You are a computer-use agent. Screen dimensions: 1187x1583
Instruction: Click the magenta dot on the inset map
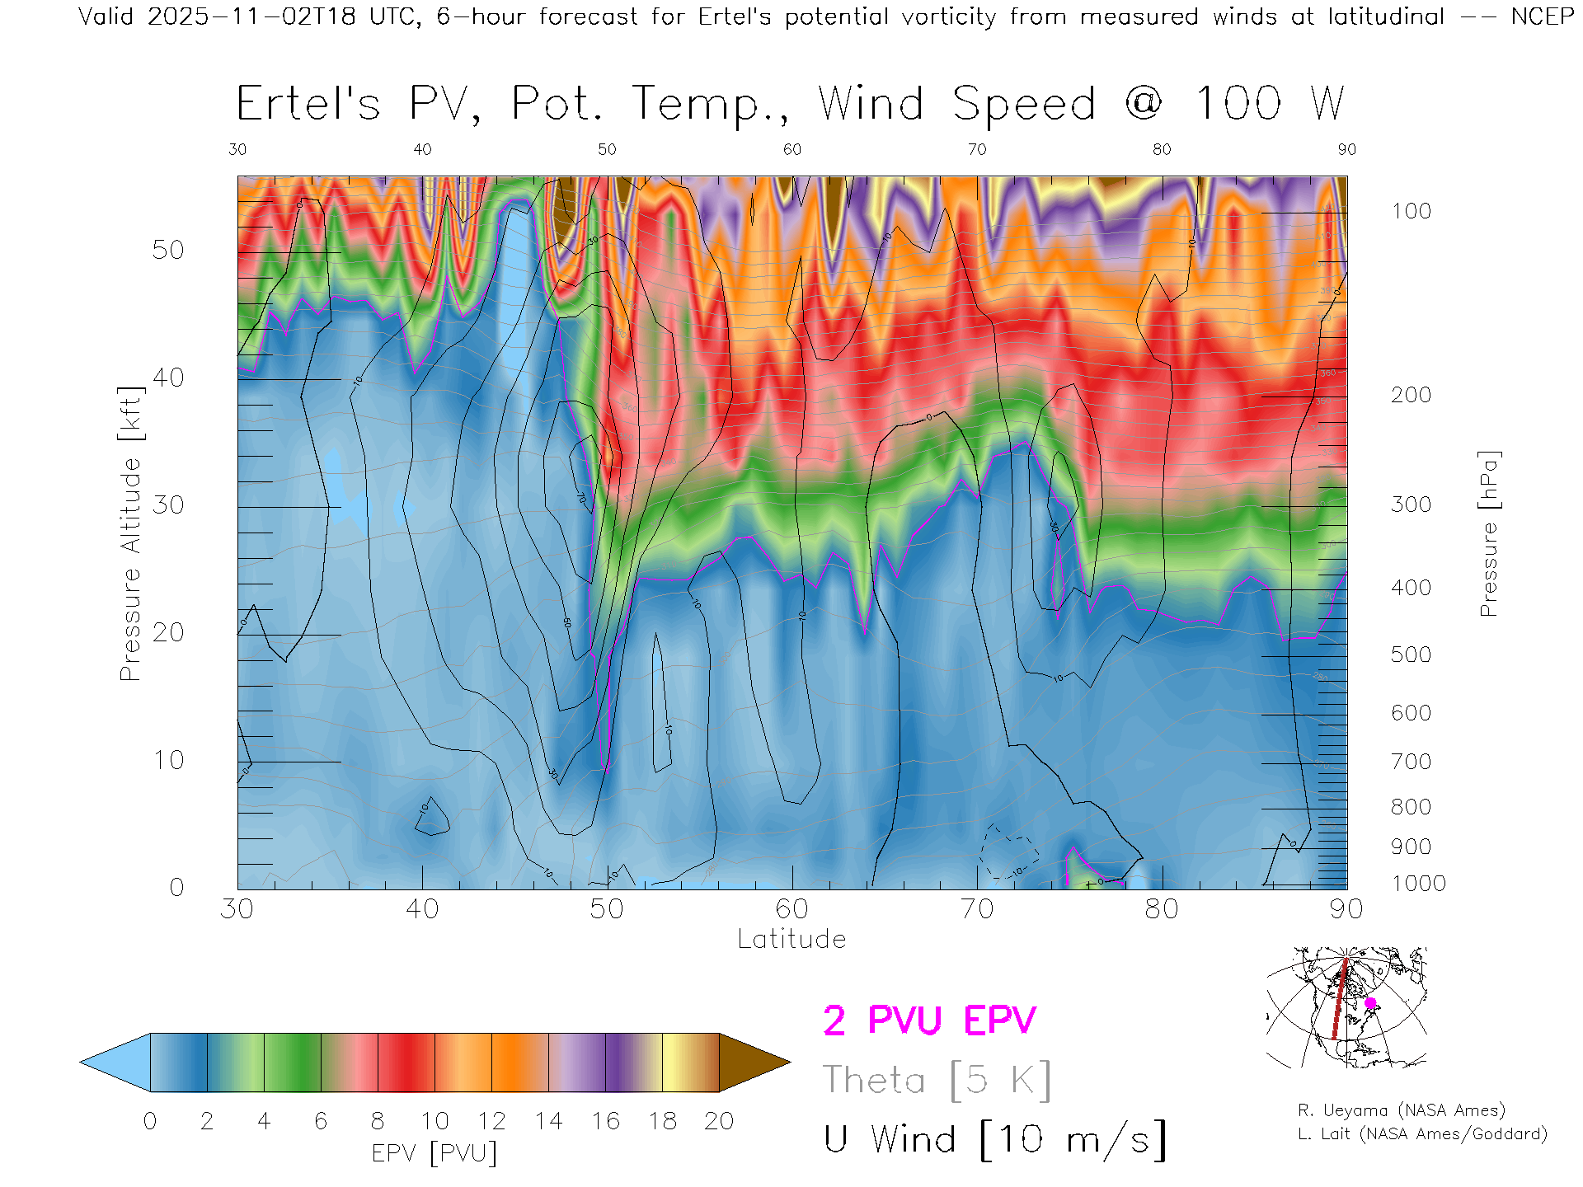1370,1003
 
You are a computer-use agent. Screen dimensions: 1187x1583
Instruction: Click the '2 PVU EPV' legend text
929,1020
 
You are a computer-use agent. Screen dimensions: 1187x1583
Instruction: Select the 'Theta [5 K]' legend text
937,1080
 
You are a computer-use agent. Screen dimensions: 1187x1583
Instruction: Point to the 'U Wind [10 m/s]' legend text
994,1139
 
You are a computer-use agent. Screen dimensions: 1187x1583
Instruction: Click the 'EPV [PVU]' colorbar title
435,1153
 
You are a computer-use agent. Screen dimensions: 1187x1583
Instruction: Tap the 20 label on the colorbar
719,1121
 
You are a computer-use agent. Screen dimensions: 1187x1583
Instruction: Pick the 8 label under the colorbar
378,1121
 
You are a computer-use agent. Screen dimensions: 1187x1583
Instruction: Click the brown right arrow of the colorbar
753,1063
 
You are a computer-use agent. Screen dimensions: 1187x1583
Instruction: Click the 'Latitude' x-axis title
791,940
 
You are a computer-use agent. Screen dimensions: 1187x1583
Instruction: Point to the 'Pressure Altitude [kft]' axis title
130,533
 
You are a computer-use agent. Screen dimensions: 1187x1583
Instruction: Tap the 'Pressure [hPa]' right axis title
1488,533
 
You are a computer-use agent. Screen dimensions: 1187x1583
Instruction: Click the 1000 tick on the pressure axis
1418,884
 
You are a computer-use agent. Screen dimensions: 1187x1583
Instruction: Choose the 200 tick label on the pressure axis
1412,395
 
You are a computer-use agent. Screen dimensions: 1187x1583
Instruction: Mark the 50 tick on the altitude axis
168,251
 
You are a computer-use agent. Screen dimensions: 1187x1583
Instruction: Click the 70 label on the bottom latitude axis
977,909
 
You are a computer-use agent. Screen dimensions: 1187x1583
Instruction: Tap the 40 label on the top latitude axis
422,149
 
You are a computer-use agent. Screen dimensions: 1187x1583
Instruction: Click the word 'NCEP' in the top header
1543,16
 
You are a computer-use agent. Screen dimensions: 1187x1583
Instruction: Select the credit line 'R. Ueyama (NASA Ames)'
1402,1110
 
